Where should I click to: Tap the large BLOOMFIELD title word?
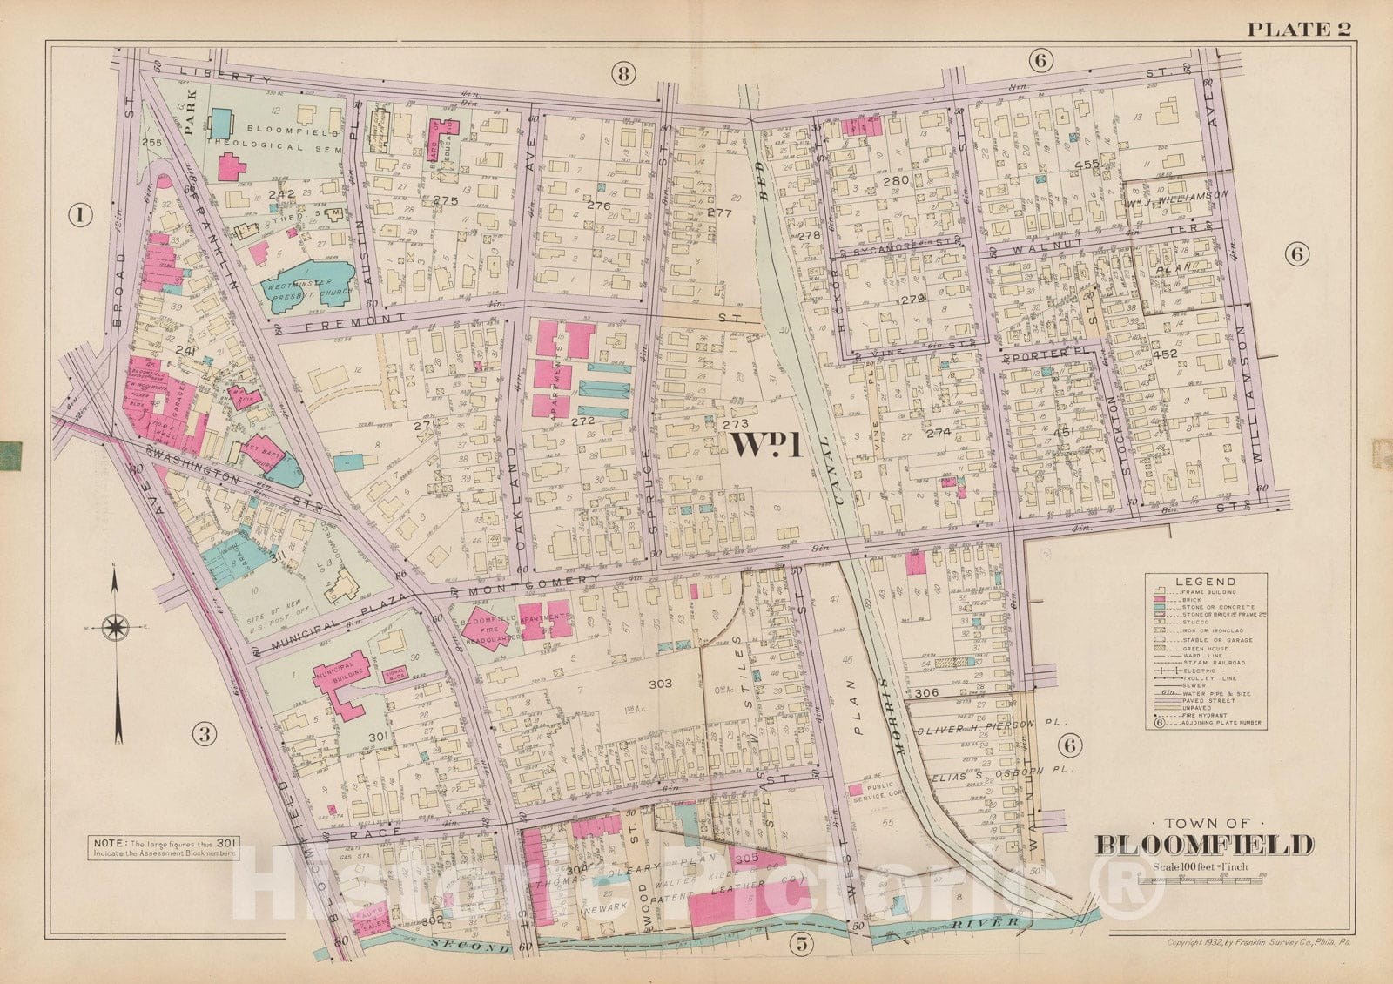click(1204, 845)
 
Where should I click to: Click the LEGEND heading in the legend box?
click(1205, 582)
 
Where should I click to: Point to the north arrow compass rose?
click(116, 625)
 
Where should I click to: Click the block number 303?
click(661, 684)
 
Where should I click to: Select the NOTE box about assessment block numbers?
click(163, 847)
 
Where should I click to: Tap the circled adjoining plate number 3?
click(204, 735)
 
